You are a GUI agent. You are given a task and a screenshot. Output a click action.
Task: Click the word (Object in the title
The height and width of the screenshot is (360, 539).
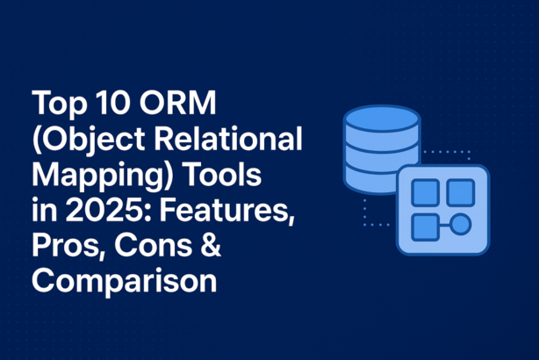coord(85,141)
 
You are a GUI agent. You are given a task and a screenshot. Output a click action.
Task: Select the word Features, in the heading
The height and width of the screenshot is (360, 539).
coord(226,212)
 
